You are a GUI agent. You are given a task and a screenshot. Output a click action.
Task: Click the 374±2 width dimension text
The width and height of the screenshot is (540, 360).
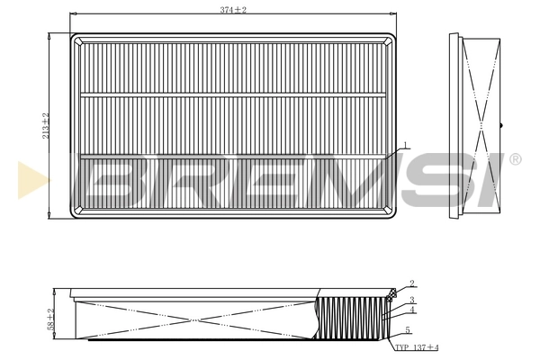(233, 9)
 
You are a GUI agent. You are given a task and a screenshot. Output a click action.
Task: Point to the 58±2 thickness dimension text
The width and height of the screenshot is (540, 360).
(52, 319)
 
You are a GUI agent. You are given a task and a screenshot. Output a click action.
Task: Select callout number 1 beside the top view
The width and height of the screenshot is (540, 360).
(407, 144)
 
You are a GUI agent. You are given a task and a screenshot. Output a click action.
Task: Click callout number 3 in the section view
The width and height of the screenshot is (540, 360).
(411, 300)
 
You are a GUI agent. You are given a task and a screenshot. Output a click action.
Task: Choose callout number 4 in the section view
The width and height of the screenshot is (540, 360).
(411, 310)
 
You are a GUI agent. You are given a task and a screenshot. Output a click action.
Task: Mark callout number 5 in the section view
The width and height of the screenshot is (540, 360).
(407, 330)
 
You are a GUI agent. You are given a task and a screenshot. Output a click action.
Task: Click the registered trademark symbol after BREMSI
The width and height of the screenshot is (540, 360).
(515, 159)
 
